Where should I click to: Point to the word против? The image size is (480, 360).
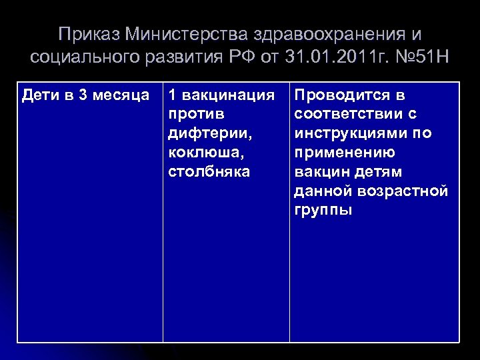(191, 115)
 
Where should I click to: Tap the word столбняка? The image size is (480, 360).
(209, 172)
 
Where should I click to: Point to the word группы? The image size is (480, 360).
(323, 211)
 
